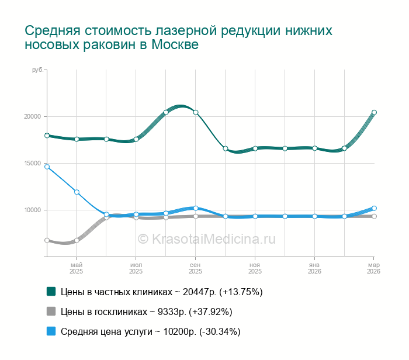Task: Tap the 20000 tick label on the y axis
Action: pos(32,116)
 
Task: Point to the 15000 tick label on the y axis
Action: pos(32,163)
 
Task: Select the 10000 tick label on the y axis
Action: pos(32,210)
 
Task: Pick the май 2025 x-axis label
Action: pos(77,268)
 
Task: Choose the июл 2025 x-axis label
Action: pos(136,268)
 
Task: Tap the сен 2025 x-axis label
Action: pos(196,268)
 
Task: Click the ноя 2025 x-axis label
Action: pos(255,268)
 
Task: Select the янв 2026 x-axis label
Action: pos(314,268)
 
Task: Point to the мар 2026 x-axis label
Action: pos(374,268)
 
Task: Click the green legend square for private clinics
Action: pos(51,291)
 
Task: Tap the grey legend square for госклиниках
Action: pos(51,311)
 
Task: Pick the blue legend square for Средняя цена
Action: pos(51,331)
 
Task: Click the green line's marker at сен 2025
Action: pos(196,112)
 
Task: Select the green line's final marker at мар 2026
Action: pos(374,112)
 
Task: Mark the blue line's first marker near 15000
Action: pos(47,167)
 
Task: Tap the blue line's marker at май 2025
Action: pos(77,192)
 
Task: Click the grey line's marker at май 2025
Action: pos(77,240)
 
